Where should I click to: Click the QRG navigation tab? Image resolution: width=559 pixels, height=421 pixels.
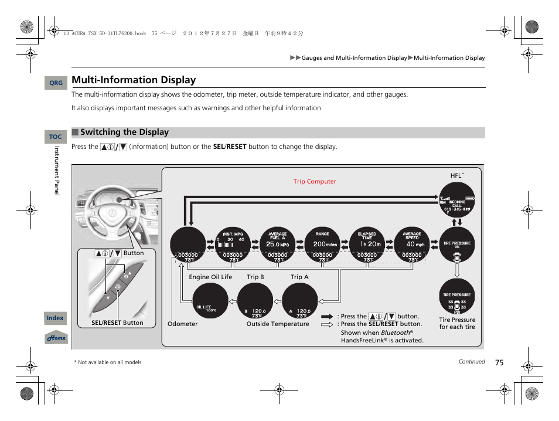coord(56,83)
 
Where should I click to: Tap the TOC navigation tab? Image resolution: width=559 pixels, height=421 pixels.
coord(56,137)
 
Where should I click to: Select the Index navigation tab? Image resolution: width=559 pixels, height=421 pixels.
coord(55,318)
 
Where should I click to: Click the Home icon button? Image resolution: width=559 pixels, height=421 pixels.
coord(56,338)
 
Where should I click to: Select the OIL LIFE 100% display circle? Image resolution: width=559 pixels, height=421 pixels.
coord(210,301)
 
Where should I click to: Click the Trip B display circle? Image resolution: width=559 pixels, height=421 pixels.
coord(255,301)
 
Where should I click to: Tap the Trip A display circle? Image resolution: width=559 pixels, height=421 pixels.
coord(299,301)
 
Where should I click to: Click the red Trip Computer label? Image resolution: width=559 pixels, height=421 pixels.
coord(315,182)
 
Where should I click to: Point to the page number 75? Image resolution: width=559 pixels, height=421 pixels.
coord(499,363)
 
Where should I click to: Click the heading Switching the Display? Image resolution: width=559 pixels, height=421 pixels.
coord(124,133)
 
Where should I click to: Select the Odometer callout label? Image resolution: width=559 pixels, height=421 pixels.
coord(183,324)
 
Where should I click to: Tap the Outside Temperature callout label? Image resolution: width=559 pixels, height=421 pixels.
coord(277,324)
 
